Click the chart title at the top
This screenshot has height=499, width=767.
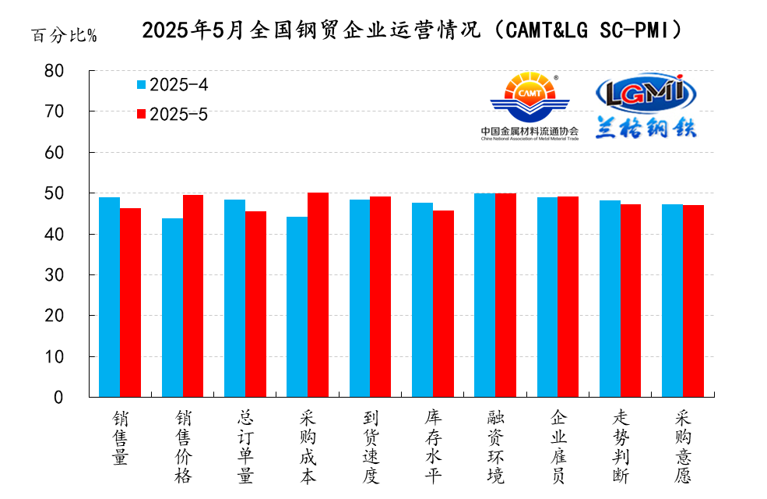(x=413, y=30)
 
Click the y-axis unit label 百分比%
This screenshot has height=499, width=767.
(x=64, y=36)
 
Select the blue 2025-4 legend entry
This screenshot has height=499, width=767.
(x=172, y=84)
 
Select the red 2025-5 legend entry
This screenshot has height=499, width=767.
(x=172, y=114)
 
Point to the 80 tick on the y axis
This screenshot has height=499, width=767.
(x=76, y=71)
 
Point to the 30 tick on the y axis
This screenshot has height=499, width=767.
(x=76, y=275)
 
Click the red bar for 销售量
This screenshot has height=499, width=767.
(x=130, y=303)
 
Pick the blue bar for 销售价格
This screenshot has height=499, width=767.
(x=172, y=307)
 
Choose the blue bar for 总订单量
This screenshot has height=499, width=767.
(x=234, y=298)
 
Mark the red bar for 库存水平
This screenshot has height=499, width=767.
(x=443, y=303)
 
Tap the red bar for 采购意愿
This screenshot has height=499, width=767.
(x=693, y=301)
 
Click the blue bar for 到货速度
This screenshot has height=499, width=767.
(x=359, y=298)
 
